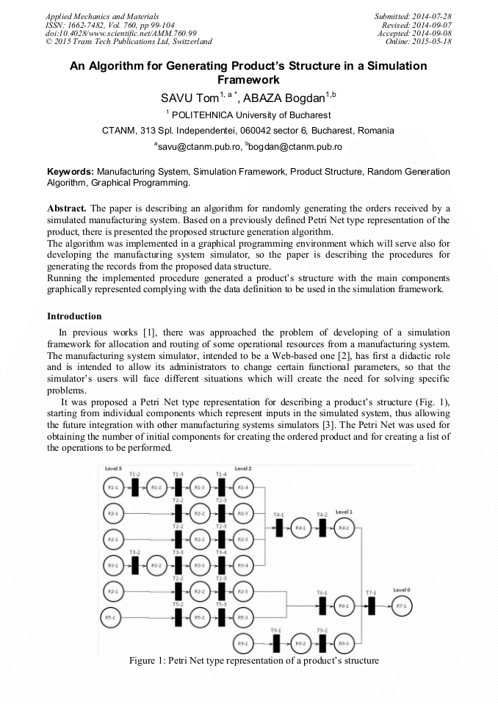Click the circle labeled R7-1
point(400,606)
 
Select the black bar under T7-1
point(371,606)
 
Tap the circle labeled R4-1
point(300,529)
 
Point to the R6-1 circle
point(344,606)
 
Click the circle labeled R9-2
point(300,644)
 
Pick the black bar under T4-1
point(279,529)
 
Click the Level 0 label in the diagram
point(401,590)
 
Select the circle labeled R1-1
point(113,487)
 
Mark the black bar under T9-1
point(276,644)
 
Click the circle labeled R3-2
point(156,566)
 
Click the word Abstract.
point(68,208)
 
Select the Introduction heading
point(74,316)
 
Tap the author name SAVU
point(177,98)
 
